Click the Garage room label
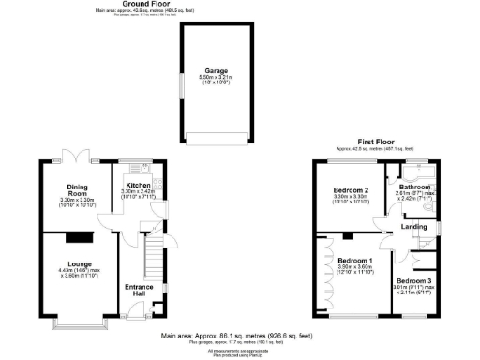(x=217, y=69)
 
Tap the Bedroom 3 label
(x=412, y=280)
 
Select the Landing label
(x=413, y=226)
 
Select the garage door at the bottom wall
(x=217, y=140)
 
